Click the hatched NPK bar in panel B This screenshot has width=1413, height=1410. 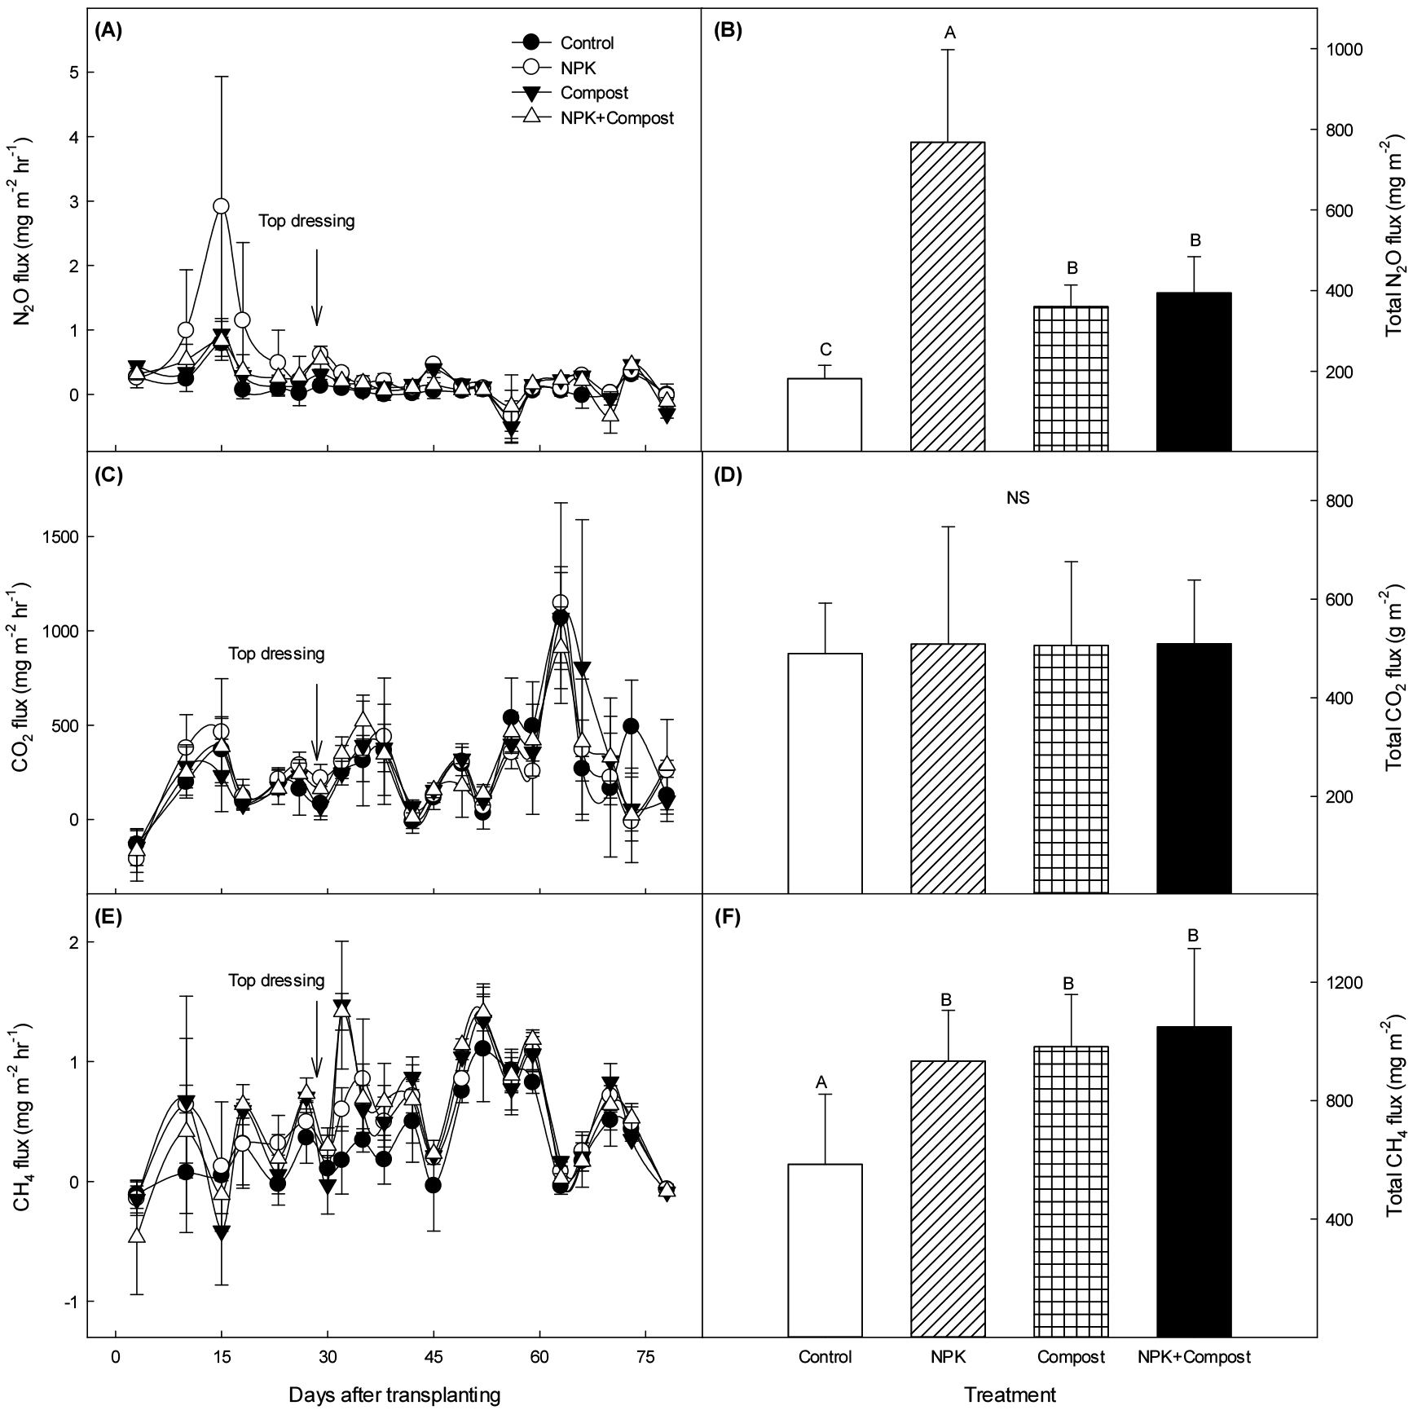click(948, 296)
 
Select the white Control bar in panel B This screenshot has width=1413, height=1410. click(825, 414)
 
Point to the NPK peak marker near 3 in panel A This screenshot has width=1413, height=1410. click(221, 206)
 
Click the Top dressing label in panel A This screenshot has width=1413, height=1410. click(306, 221)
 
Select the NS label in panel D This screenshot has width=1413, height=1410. click(1018, 498)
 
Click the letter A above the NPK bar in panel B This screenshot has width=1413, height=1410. click(949, 33)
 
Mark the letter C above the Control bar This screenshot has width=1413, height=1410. click(825, 350)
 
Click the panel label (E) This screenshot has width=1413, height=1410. click(108, 917)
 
